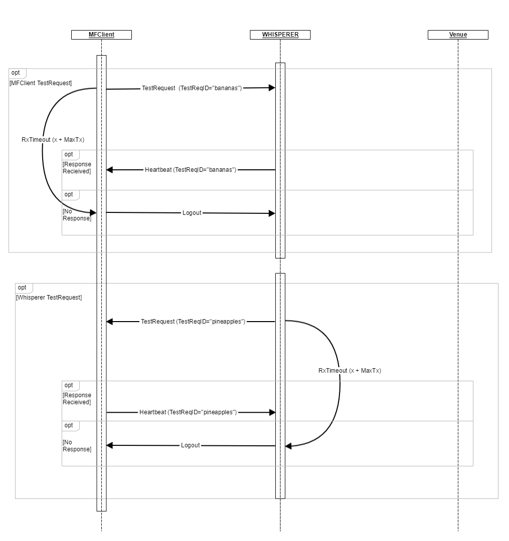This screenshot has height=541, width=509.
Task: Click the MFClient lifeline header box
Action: pos(101,35)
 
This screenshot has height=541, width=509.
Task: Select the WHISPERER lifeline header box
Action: pos(280,35)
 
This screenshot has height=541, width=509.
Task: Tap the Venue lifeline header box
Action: pos(458,35)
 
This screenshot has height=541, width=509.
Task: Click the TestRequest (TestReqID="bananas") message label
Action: pos(192,88)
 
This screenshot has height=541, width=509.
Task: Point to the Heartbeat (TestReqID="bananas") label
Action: pos(191,170)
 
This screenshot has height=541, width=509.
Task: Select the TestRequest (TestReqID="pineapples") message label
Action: pos(193,321)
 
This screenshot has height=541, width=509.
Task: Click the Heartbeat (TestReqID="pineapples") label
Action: pos(188,412)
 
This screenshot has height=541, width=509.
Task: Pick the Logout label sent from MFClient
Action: pos(192,213)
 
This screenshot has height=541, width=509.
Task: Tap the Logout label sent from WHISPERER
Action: pos(191,445)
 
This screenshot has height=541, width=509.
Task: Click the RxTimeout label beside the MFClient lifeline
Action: pos(53,140)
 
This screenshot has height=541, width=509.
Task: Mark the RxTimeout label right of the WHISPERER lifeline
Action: pos(350,371)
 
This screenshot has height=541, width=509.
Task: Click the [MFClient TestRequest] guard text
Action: pos(41,83)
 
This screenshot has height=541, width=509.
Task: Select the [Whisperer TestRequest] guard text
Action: pos(49,297)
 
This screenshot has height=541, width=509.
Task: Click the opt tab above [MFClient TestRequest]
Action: pos(16,73)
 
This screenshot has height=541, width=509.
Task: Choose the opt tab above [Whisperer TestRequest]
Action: pos(23,288)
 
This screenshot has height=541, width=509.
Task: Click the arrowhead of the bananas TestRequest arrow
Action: pos(272,88)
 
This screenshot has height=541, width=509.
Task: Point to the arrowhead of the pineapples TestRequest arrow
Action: pos(110,321)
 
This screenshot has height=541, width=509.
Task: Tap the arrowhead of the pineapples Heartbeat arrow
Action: pos(272,412)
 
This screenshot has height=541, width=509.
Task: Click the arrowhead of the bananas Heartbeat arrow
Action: pos(110,170)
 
